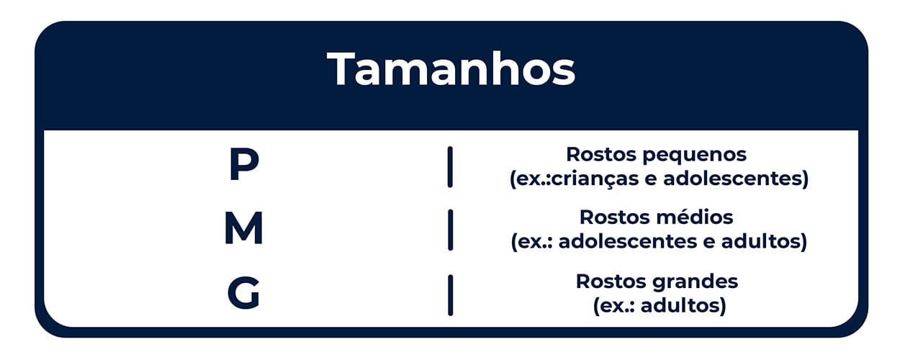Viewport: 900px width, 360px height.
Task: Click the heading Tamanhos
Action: [451, 68]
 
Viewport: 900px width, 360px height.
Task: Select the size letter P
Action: [244, 163]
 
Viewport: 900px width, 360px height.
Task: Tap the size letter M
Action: [244, 228]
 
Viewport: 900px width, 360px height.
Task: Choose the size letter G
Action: [243, 292]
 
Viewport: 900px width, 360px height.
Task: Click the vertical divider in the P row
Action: [450, 167]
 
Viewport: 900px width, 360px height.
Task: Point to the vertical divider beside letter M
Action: [450, 230]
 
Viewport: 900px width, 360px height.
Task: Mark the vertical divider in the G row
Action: [450, 295]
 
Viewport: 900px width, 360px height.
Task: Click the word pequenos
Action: [694, 156]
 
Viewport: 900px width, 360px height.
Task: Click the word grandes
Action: [695, 282]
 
